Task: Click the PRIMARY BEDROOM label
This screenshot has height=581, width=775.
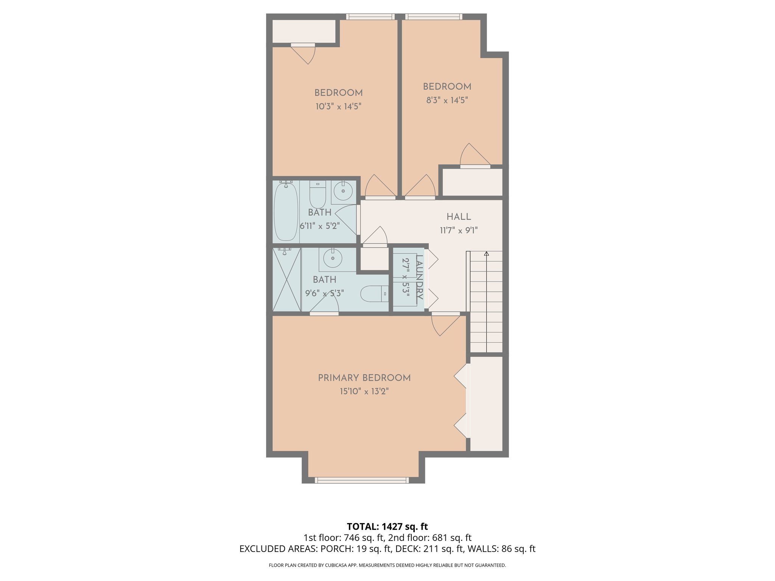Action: tap(364, 378)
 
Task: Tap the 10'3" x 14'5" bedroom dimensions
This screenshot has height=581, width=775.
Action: tap(338, 106)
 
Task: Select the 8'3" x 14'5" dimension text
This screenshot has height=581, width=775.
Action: tap(447, 100)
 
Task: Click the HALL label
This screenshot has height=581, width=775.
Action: tap(459, 217)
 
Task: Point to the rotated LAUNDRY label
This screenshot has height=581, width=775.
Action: tap(419, 277)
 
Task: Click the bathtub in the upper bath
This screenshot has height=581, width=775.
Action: tap(286, 212)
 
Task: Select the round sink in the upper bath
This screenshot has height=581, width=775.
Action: tap(344, 191)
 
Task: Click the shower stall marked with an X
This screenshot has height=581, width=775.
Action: tap(286, 280)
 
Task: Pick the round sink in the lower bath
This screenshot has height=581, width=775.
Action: tap(333, 258)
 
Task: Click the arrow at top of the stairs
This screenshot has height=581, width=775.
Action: tap(486, 254)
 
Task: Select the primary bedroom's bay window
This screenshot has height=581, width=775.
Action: tap(362, 480)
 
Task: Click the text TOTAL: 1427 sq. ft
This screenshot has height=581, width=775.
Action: tap(387, 527)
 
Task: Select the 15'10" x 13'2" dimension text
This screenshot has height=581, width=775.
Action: tap(364, 391)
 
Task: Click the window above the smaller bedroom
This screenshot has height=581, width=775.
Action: tap(433, 17)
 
